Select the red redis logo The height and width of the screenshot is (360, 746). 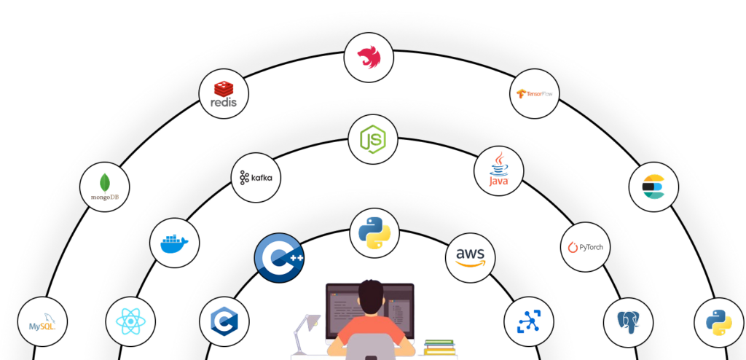tap(223, 95)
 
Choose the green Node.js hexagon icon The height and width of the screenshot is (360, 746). tap(372, 138)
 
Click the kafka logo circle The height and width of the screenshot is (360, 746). tap(256, 177)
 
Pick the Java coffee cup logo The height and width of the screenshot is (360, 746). tap(498, 171)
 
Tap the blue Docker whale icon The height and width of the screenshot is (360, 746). tap(173, 243)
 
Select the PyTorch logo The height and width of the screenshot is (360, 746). tap(586, 248)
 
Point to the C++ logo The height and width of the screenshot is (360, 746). tap(278, 257)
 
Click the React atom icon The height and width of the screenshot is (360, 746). tap(130, 321)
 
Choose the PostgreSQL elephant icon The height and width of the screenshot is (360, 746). tap(628, 321)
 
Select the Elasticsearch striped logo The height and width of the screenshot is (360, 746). tap(653, 186)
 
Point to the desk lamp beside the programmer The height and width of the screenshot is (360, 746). tap(306, 332)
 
